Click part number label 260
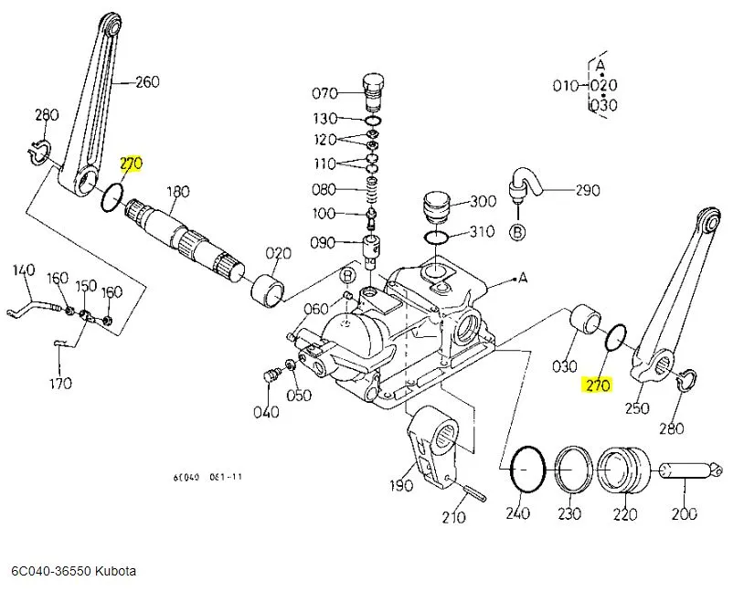point(147,81)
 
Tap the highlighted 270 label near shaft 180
point(132,164)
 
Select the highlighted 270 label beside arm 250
point(597,385)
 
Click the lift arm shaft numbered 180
point(182,234)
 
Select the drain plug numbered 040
point(271,376)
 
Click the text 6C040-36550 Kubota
point(73,571)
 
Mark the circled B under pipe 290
point(517,232)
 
